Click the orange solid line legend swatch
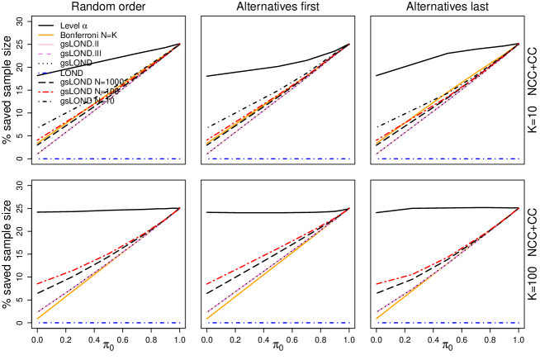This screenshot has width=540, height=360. [46, 36]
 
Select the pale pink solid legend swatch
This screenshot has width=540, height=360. [46, 45]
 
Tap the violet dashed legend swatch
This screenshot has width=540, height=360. [46, 54]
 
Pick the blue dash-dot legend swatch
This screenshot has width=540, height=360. [46, 73]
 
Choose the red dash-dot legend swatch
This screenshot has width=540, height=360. [46, 92]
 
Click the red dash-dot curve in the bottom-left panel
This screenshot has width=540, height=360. [83, 267]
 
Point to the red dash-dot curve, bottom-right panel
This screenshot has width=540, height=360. [413, 274]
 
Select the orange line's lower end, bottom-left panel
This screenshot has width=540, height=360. [37, 318]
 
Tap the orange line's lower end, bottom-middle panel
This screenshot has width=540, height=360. [206, 318]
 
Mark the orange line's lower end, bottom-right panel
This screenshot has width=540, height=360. [376, 318]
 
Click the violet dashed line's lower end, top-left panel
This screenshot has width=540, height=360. [37, 154]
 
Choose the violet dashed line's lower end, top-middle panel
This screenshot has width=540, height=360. [206, 154]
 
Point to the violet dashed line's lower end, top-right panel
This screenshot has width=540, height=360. [376, 154]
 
